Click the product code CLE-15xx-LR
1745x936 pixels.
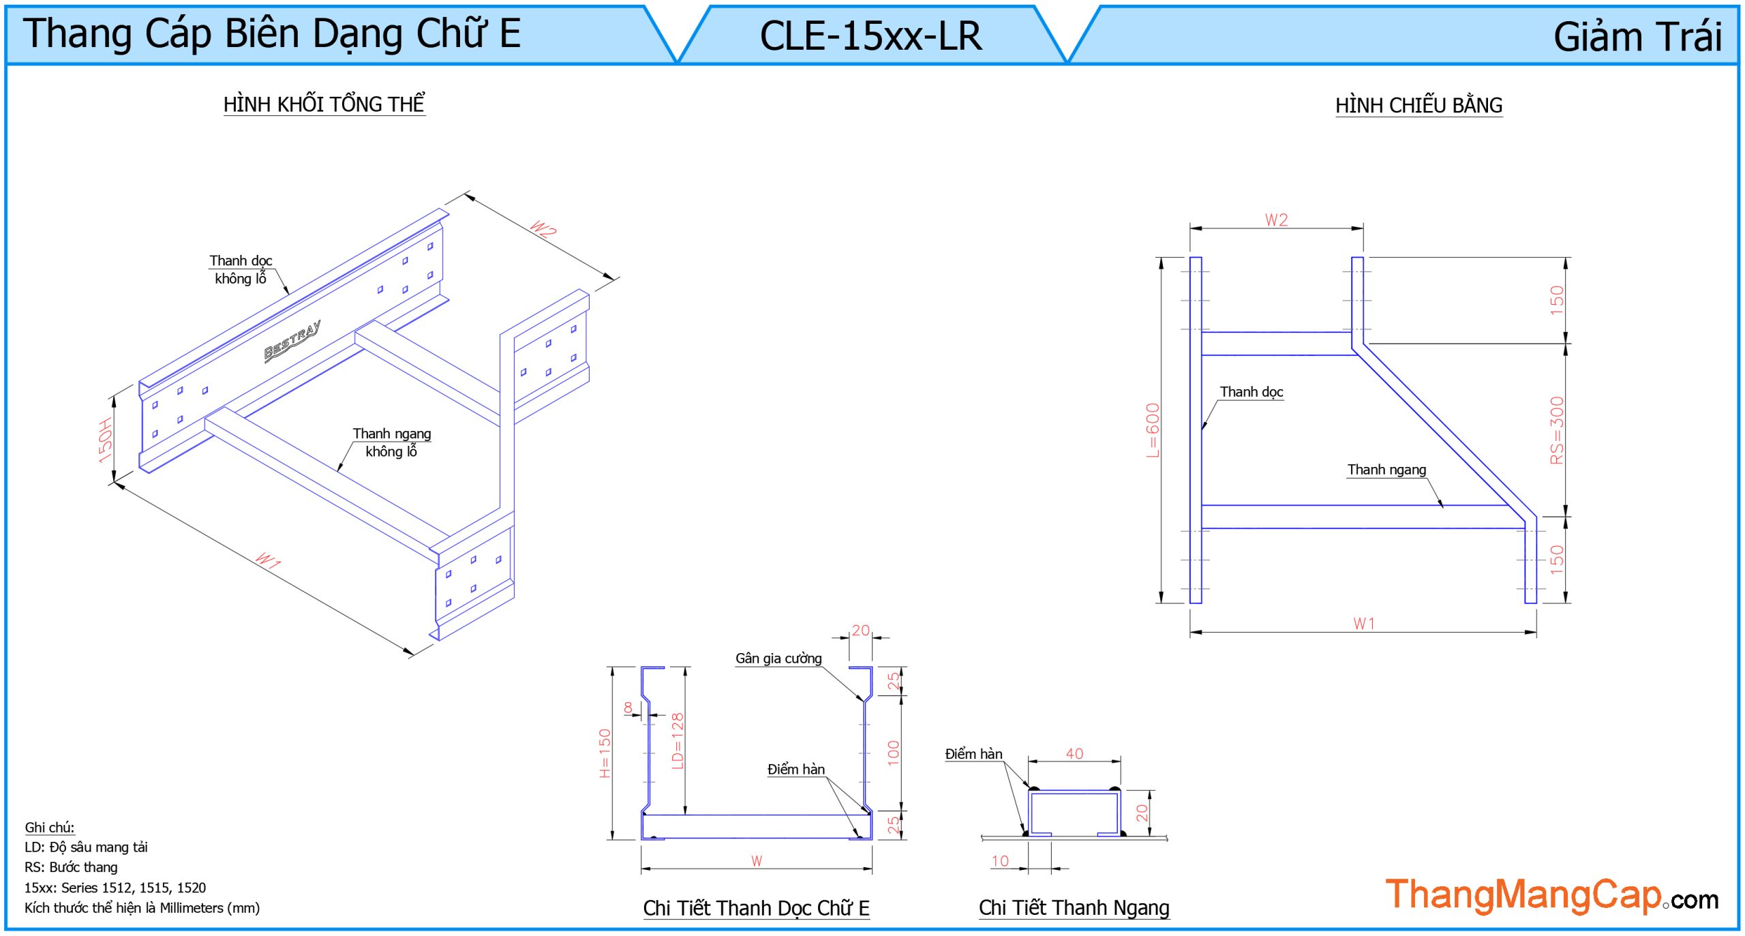(870, 36)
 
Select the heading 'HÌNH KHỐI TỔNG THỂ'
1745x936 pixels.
(324, 104)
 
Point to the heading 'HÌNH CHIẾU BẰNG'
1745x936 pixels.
(1418, 106)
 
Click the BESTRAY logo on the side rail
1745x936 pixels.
(292, 342)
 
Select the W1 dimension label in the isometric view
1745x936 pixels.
(268, 560)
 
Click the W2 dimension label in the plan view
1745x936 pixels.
(1276, 220)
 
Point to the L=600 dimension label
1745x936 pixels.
(1152, 430)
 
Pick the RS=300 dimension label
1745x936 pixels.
(1557, 430)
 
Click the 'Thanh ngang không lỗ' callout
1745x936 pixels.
(391, 442)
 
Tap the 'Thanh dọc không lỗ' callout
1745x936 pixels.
(241, 269)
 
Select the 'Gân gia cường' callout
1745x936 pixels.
(778, 659)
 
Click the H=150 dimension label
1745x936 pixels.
(605, 753)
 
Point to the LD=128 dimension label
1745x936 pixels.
(677, 741)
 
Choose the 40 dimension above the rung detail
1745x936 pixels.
(1074, 753)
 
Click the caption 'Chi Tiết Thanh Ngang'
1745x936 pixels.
(1074, 908)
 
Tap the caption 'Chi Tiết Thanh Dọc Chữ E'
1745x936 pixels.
(756, 908)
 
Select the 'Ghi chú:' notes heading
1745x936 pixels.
(50, 828)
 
